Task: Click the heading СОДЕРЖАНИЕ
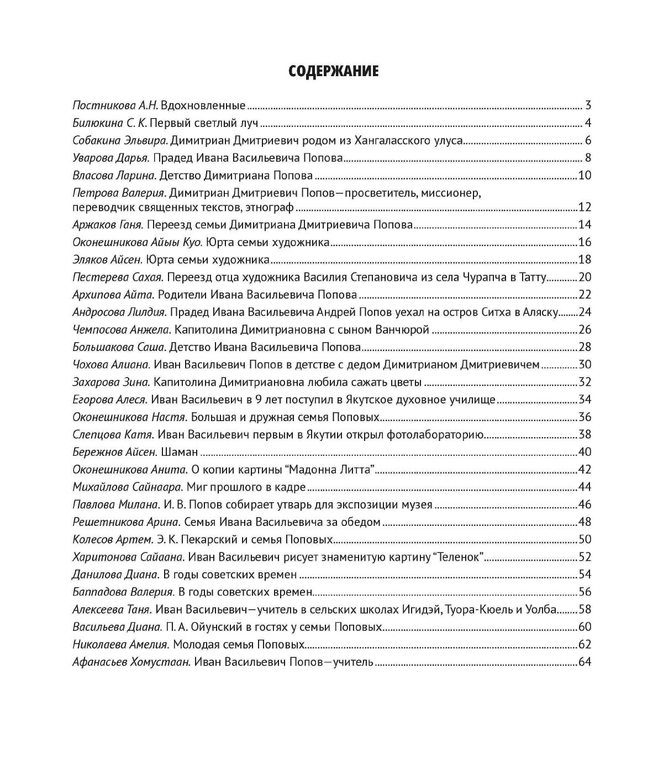334,71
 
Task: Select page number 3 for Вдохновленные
588,105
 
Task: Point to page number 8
588,158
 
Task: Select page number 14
585,225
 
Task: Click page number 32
585,382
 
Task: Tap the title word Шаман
179,453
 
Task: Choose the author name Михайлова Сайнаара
127,487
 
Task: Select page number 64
585,662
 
